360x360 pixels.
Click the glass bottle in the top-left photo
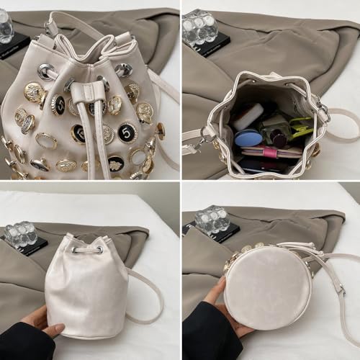(6, 26)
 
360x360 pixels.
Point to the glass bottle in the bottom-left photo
(21, 234)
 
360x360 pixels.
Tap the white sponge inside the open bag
(248, 115)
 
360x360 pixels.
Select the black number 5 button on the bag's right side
(127, 132)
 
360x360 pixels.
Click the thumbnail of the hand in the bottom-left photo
(51, 330)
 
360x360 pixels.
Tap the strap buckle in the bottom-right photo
(339, 291)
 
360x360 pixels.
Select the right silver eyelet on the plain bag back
(119, 251)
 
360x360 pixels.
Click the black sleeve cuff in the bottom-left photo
(22, 343)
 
